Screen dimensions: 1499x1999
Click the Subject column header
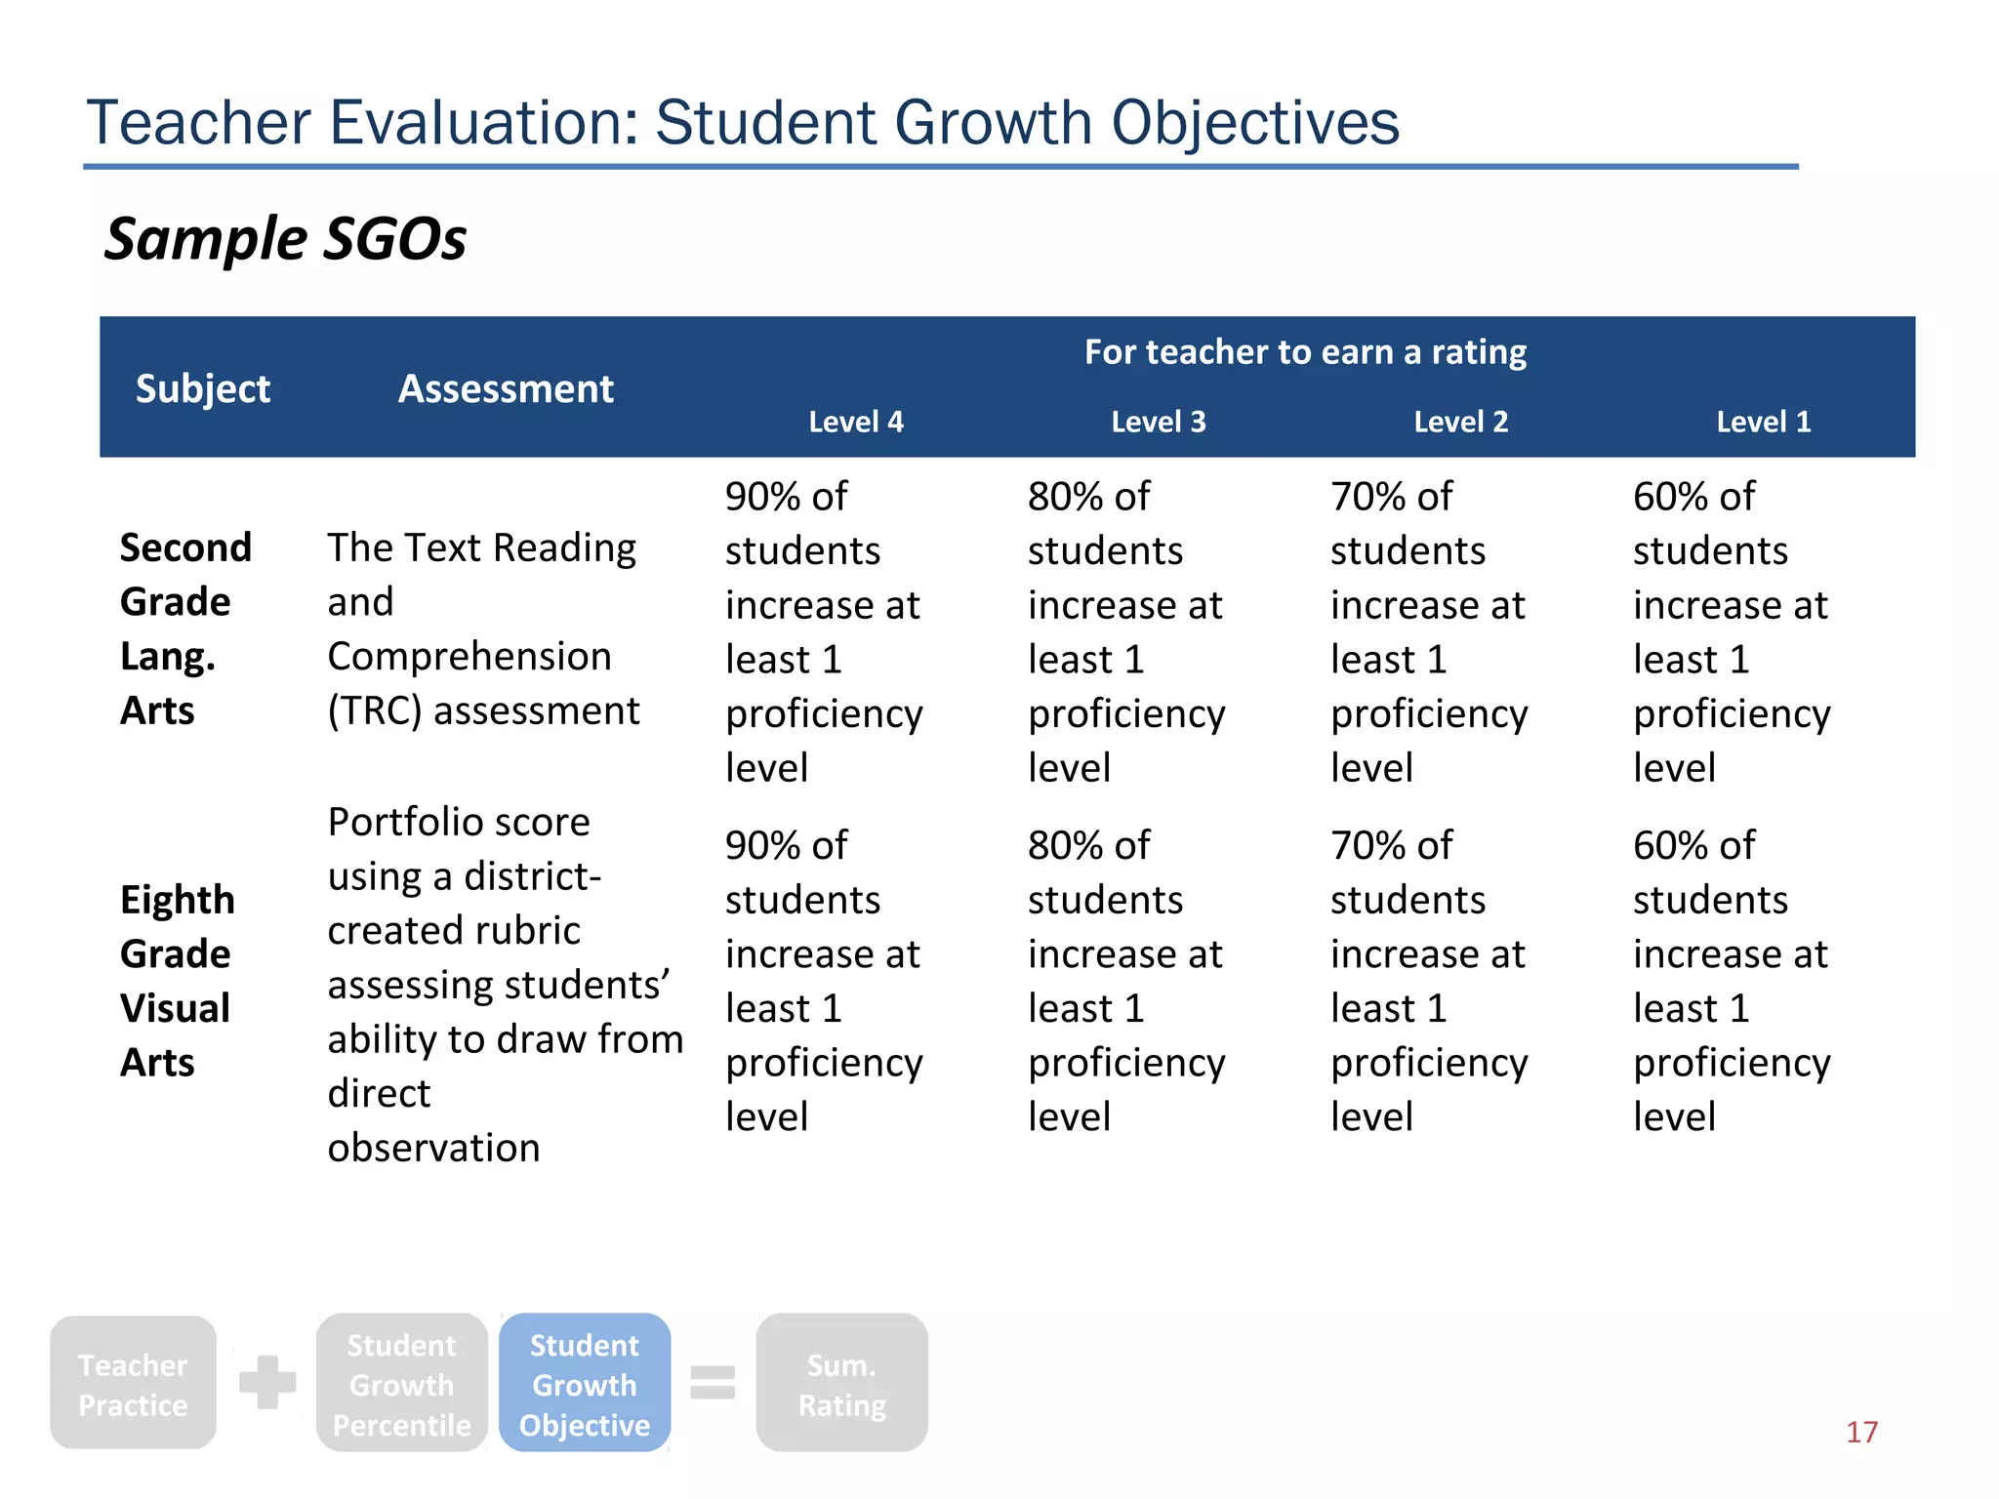point(202,388)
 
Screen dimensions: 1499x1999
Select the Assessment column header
point(506,388)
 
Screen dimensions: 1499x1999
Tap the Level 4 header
point(856,422)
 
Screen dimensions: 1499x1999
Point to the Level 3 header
point(1159,422)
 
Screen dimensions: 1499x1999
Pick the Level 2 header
point(1461,422)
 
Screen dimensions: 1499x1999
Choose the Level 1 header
point(1764,422)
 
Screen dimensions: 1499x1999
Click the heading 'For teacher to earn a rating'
point(1305,352)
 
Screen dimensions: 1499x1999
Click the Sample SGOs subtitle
point(285,239)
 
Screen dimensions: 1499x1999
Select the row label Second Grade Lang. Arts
point(185,628)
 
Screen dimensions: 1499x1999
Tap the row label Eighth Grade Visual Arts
point(177,980)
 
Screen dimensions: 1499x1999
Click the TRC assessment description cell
point(483,628)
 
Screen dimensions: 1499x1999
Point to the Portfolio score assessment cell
point(505,984)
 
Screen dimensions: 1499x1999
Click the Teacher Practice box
point(133,1383)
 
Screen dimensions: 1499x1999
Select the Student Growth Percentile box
point(401,1383)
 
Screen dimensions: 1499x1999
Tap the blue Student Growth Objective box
point(585,1383)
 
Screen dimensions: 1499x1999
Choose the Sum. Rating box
point(841,1383)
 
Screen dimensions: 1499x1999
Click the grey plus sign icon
point(267,1382)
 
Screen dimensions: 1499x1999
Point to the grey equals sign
point(713,1382)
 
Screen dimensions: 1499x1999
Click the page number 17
point(1861,1432)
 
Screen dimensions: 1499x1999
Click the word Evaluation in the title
point(483,123)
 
